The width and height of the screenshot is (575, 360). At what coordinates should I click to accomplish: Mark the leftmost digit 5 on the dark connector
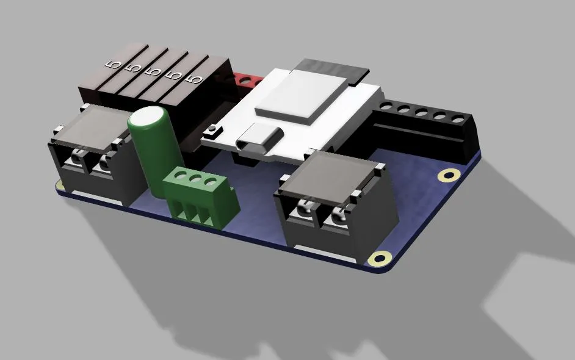point(112,65)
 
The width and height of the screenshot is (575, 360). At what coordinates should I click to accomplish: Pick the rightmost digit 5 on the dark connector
point(195,79)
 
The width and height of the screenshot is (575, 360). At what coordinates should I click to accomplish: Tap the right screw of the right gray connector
point(338,218)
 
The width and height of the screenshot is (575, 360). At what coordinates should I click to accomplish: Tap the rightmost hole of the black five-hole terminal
point(454,117)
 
